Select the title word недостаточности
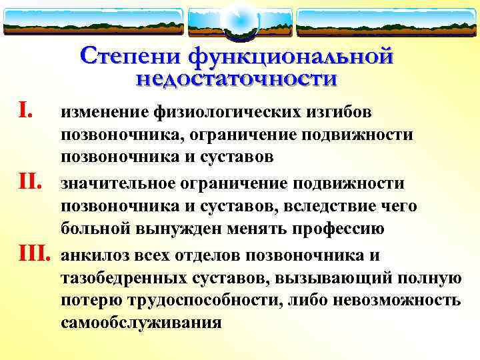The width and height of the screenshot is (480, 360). tap(237, 79)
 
